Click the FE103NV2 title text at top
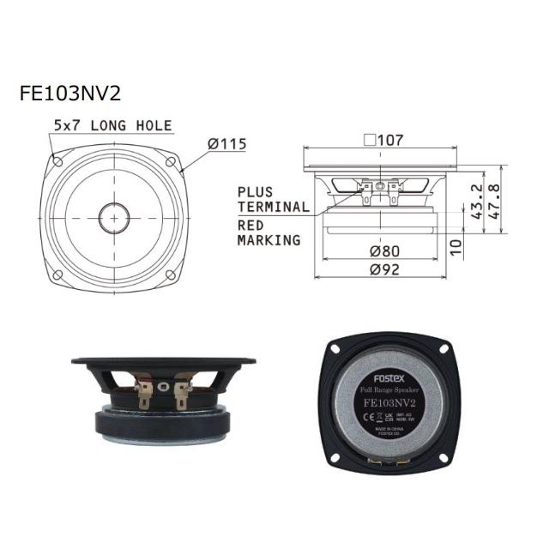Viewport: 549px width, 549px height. (x=74, y=93)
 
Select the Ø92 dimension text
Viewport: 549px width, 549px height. (x=383, y=269)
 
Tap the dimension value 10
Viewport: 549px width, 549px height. (x=455, y=247)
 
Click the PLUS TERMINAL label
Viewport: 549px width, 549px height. (x=273, y=199)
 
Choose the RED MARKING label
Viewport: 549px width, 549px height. (x=268, y=232)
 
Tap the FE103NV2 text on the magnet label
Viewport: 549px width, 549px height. (x=390, y=401)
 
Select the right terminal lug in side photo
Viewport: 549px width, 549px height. (x=183, y=396)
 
